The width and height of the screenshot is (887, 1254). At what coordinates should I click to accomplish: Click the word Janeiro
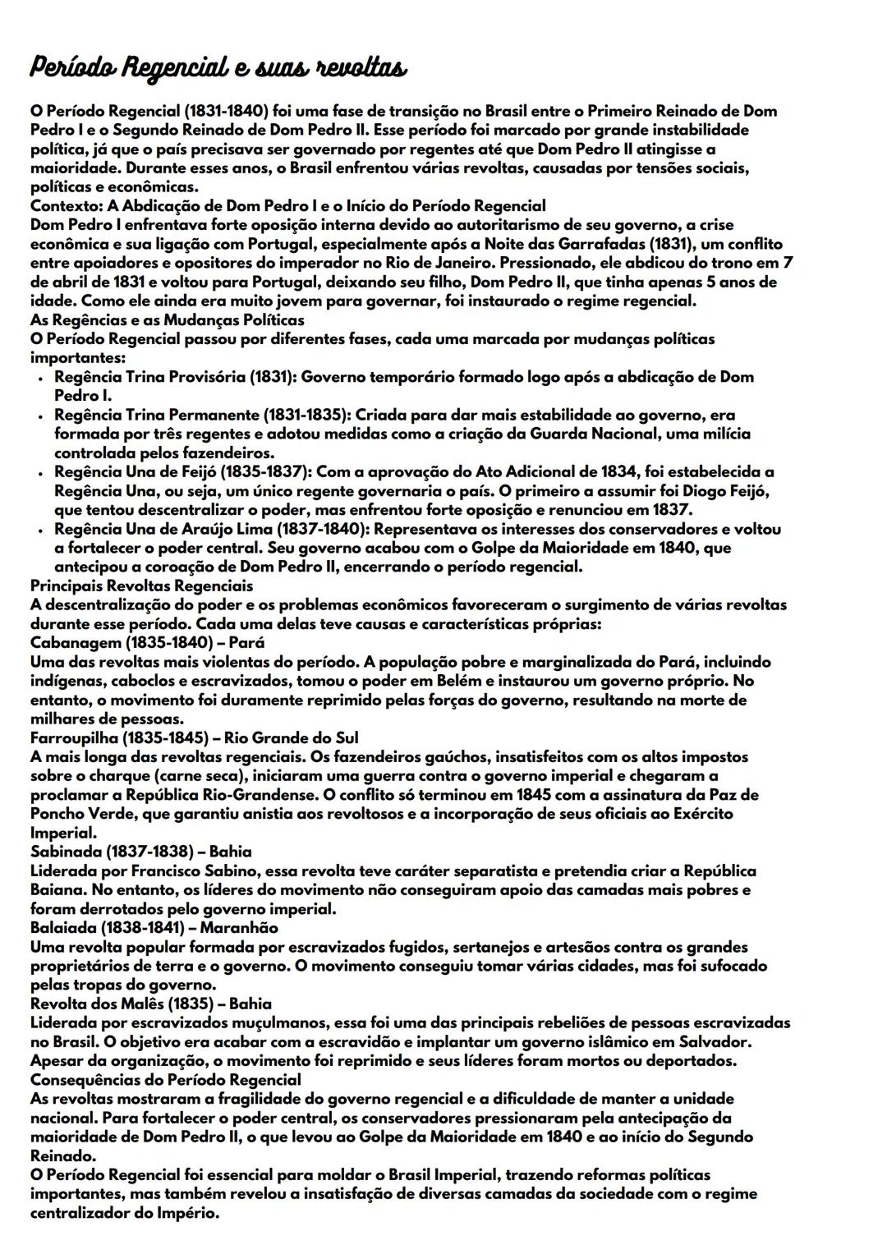point(450,263)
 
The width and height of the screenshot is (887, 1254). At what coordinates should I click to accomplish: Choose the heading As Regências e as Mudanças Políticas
point(167,319)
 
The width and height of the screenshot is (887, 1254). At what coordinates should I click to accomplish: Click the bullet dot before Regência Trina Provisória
point(40,378)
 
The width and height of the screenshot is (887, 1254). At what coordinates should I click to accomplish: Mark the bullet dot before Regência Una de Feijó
point(40,472)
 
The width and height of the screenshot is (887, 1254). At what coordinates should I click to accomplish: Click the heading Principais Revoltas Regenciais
point(141,586)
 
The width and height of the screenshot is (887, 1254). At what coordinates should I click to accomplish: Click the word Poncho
point(57,814)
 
